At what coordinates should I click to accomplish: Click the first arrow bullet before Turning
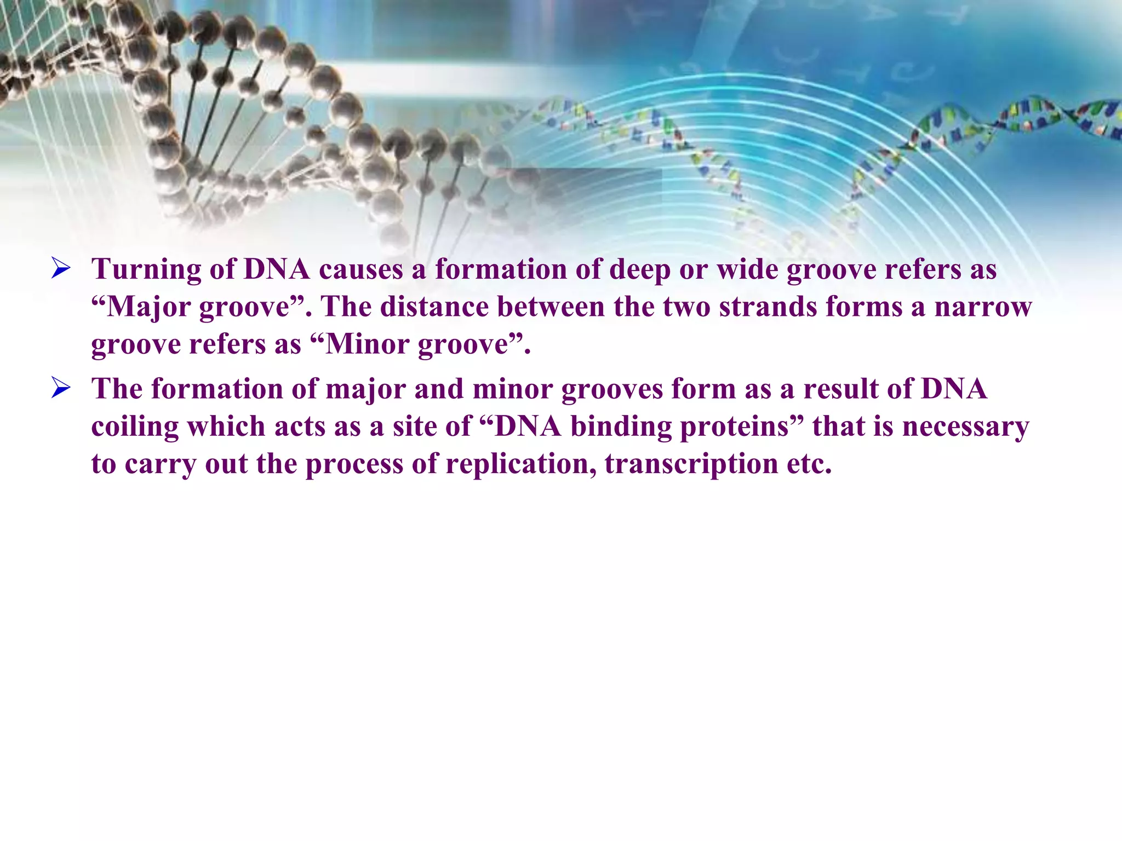click(61, 268)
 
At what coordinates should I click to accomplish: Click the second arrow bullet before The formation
click(61, 388)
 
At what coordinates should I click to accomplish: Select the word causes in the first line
click(361, 269)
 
